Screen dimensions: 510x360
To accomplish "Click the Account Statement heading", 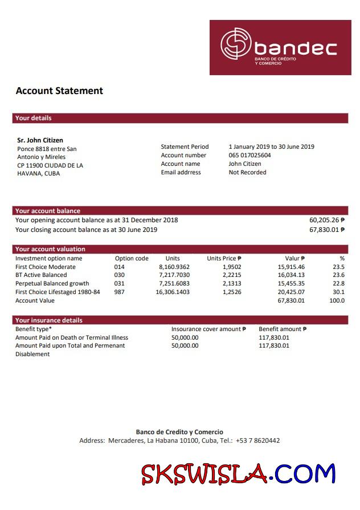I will [59, 91].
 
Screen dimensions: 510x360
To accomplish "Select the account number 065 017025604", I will [249, 155].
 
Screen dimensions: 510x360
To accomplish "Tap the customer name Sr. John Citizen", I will [40, 140].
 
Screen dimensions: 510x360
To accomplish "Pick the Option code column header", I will [132, 258].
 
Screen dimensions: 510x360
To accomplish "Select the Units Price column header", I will [224, 258].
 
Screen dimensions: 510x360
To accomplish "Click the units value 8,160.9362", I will [174, 267].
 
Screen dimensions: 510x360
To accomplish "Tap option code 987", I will [119, 292].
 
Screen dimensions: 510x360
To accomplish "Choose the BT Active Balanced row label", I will [41, 275].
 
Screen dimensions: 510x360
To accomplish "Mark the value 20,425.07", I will [291, 292].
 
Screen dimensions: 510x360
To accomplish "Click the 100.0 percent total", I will [337, 300].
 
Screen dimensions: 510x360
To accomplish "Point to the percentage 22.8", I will [338, 283].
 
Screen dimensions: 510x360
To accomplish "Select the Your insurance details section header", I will [49, 320].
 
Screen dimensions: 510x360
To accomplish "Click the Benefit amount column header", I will [283, 329].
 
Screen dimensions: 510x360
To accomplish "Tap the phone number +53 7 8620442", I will [257, 440].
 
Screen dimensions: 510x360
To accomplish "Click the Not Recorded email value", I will [247, 172].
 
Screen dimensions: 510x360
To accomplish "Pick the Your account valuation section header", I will [50, 249].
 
